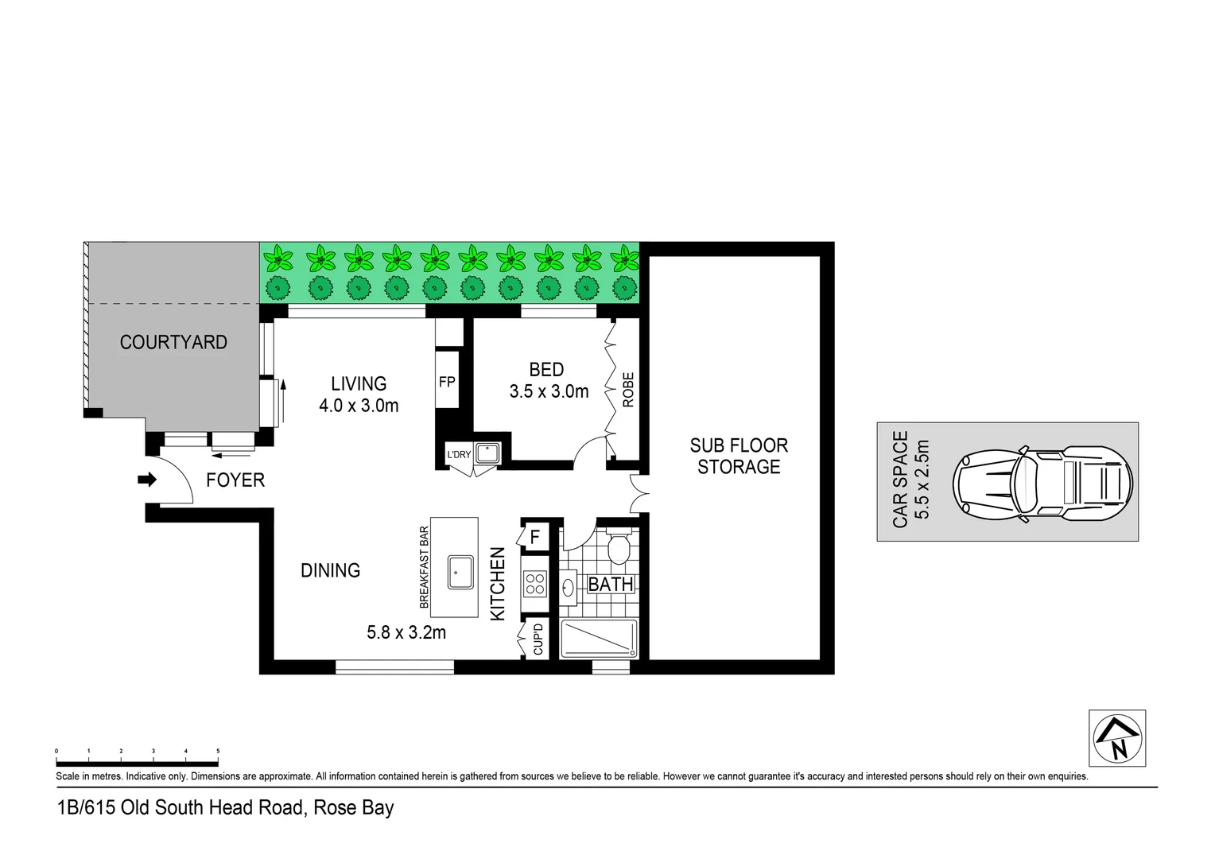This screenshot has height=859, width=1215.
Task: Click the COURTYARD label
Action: pos(173,342)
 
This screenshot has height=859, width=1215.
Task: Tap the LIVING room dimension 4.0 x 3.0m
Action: pos(359,406)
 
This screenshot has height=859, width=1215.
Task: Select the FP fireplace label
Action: pos(447,382)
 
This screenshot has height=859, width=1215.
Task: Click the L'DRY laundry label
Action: pos(459,455)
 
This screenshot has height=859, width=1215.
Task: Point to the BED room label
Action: pos(546,370)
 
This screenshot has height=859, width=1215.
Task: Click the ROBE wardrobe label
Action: pos(628,390)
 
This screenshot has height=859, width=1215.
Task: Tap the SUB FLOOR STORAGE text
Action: pos(739,457)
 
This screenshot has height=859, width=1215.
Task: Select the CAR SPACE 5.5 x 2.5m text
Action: pos(911,480)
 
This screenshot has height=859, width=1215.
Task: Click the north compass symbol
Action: pos(1116,738)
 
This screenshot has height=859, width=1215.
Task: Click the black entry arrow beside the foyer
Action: pos(147,480)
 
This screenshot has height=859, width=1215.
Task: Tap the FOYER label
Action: pos(235,480)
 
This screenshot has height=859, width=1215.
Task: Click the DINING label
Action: pos(331,570)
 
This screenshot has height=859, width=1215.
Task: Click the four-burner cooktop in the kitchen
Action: pos(534,585)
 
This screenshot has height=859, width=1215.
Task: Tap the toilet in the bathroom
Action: pos(618,546)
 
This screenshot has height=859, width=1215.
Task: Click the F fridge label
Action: pos(535,538)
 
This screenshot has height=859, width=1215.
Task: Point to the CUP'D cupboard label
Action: pos(538,639)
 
